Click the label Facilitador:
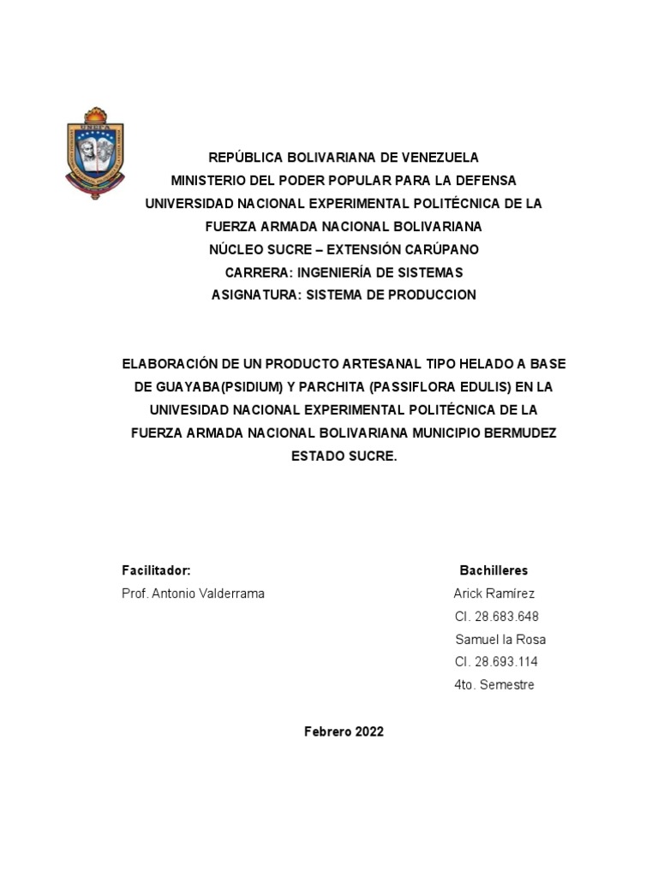point(156,570)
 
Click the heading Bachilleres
point(493,570)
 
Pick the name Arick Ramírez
point(494,594)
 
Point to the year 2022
point(368,731)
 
